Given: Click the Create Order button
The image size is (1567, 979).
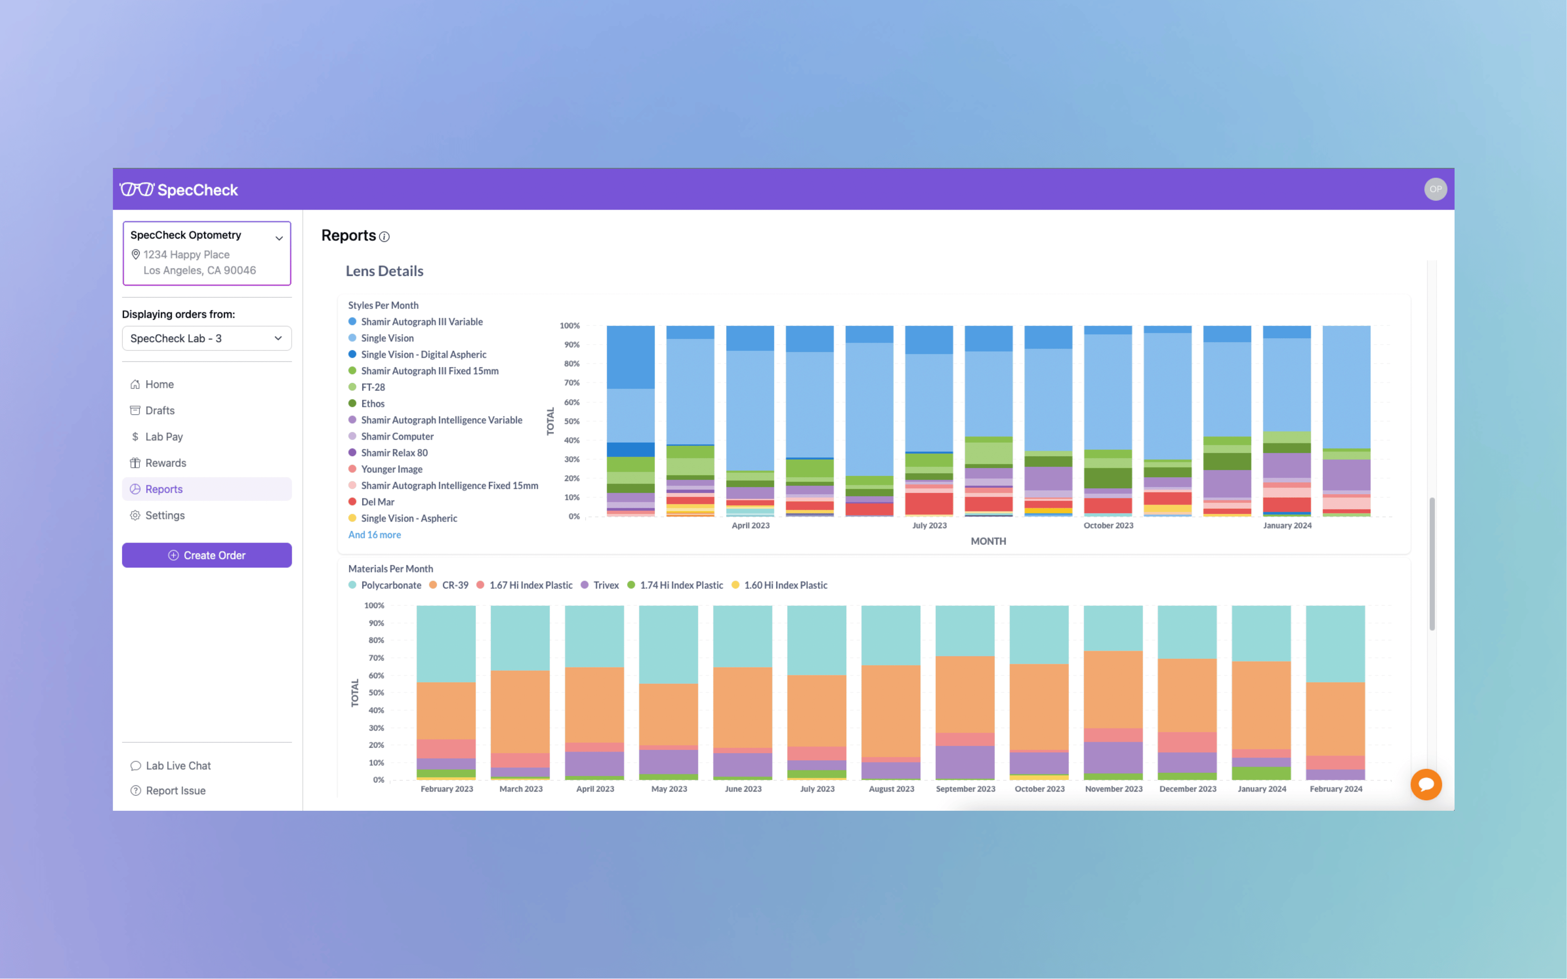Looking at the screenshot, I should (x=206, y=555).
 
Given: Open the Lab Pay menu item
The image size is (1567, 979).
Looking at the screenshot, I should (x=164, y=437).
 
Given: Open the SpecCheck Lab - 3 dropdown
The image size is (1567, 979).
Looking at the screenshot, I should (x=206, y=338).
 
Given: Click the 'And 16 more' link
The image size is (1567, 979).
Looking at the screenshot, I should (x=374, y=535).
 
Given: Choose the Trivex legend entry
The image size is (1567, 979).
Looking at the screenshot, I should (x=605, y=585).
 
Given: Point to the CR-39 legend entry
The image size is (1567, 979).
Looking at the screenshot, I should (x=455, y=585).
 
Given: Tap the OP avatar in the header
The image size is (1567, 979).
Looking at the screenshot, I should (x=1435, y=189).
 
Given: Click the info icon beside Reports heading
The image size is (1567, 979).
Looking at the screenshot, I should (x=384, y=237).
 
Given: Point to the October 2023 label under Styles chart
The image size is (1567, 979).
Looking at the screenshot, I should (x=1108, y=526).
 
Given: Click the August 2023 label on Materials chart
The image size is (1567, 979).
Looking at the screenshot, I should (x=891, y=789).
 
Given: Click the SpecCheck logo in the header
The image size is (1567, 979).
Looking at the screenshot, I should (x=179, y=190).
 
